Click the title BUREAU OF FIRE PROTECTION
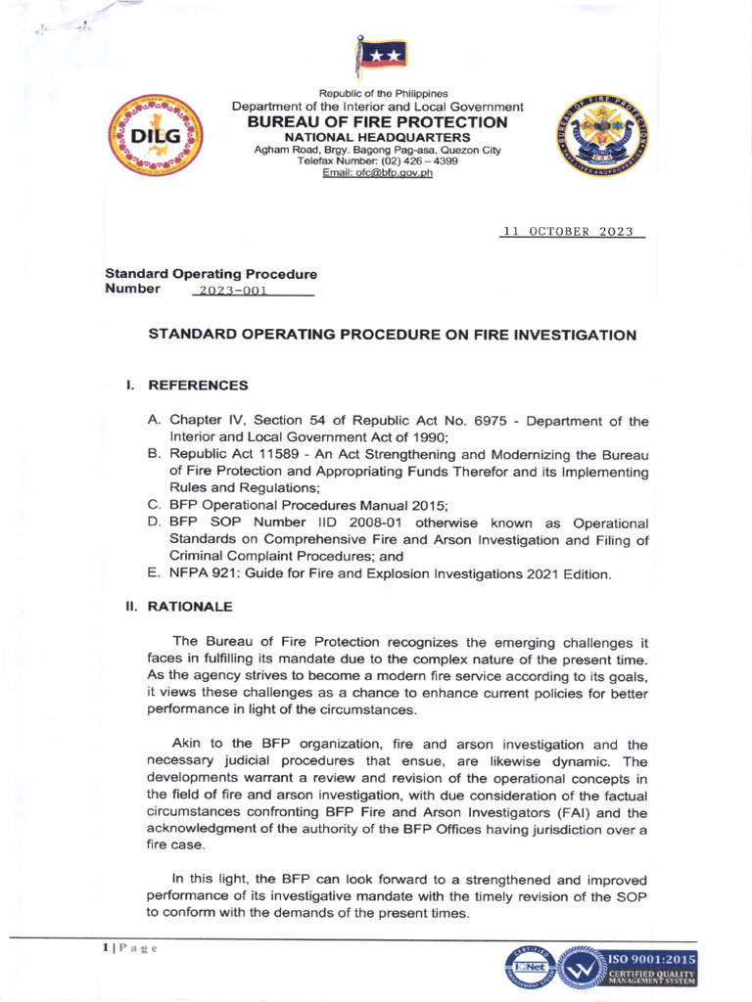click(377, 122)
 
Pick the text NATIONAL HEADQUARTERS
click(377, 138)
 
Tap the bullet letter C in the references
click(154, 506)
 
